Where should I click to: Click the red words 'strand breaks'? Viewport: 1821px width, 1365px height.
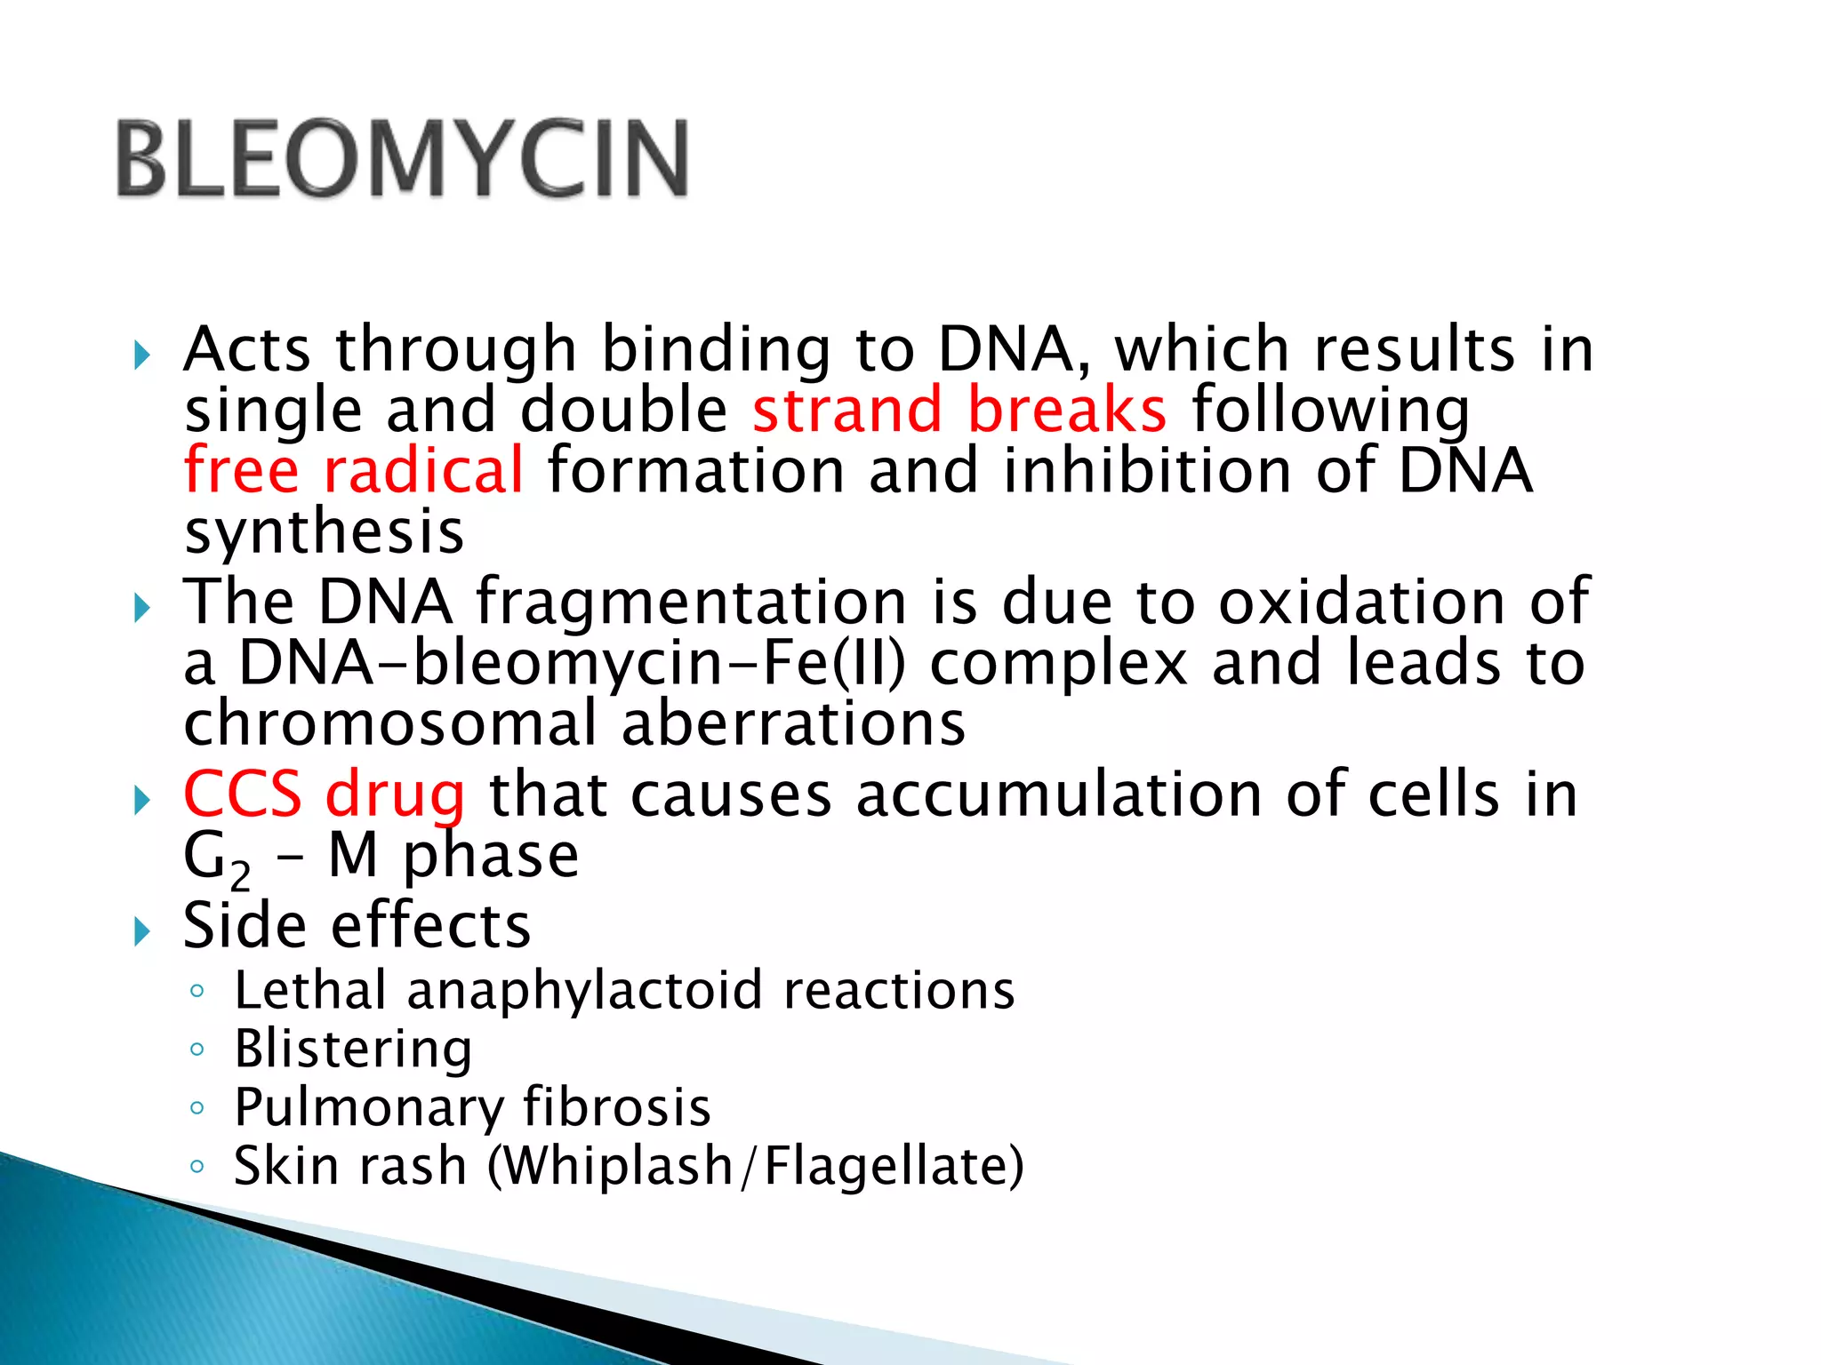pos(959,410)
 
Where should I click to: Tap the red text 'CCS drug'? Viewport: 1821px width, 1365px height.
pos(324,794)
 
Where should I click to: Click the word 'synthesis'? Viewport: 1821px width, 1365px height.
pos(324,532)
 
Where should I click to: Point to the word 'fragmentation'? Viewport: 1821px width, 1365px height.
pos(691,602)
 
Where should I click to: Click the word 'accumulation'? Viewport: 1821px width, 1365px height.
pos(1058,794)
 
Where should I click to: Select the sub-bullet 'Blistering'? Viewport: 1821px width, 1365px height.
pos(353,1049)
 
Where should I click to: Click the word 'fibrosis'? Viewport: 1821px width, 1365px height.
pos(616,1107)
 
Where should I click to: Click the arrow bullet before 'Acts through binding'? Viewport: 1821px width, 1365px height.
pos(141,356)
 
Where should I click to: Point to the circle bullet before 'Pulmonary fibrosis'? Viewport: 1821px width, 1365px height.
pos(197,1107)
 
